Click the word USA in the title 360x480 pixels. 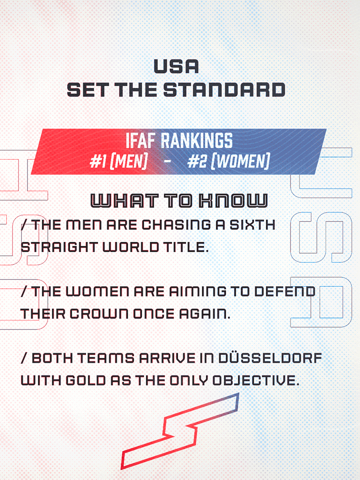pyautogui.click(x=176, y=66)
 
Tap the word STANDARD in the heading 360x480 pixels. pyautogui.click(x=224, y=90)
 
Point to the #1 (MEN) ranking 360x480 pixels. pyautogui.click(x=119, y=162)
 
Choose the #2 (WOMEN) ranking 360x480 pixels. pyautogui.click(x=228, y=162)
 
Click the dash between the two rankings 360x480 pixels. pyautogui.click(x=168, y=162)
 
